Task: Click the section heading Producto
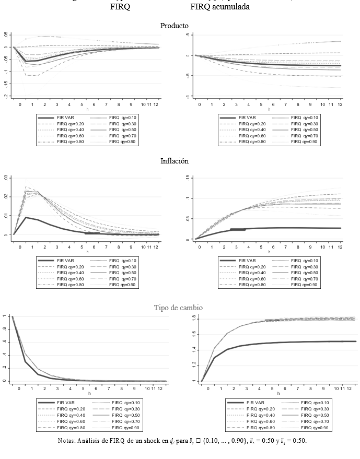tap(174, 26)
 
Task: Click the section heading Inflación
tap(174, 161)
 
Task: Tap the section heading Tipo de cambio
tap(178, 308)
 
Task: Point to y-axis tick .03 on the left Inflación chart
tap(6, 178)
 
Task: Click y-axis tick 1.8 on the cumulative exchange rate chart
tap(193, 317)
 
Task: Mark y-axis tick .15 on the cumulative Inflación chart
tap(187, 179)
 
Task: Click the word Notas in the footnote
tap(68, 441)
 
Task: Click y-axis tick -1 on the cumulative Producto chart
tap(187, 97)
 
